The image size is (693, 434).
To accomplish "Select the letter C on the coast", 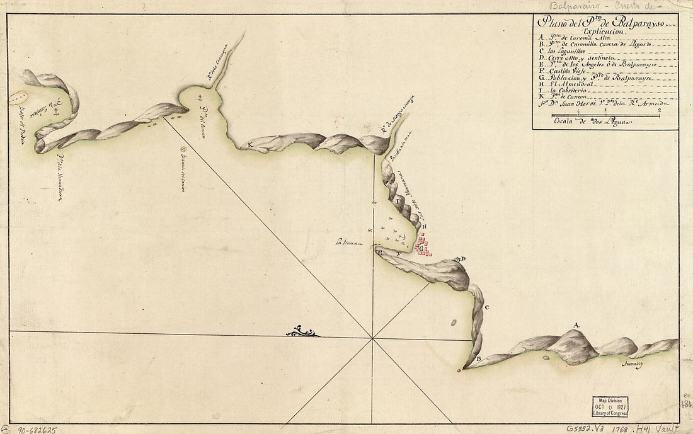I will click(x=487, y=307).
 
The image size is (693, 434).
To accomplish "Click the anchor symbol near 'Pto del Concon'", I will click(x=200, y=98).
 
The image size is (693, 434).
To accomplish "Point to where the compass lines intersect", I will click(x=374, y=338).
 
